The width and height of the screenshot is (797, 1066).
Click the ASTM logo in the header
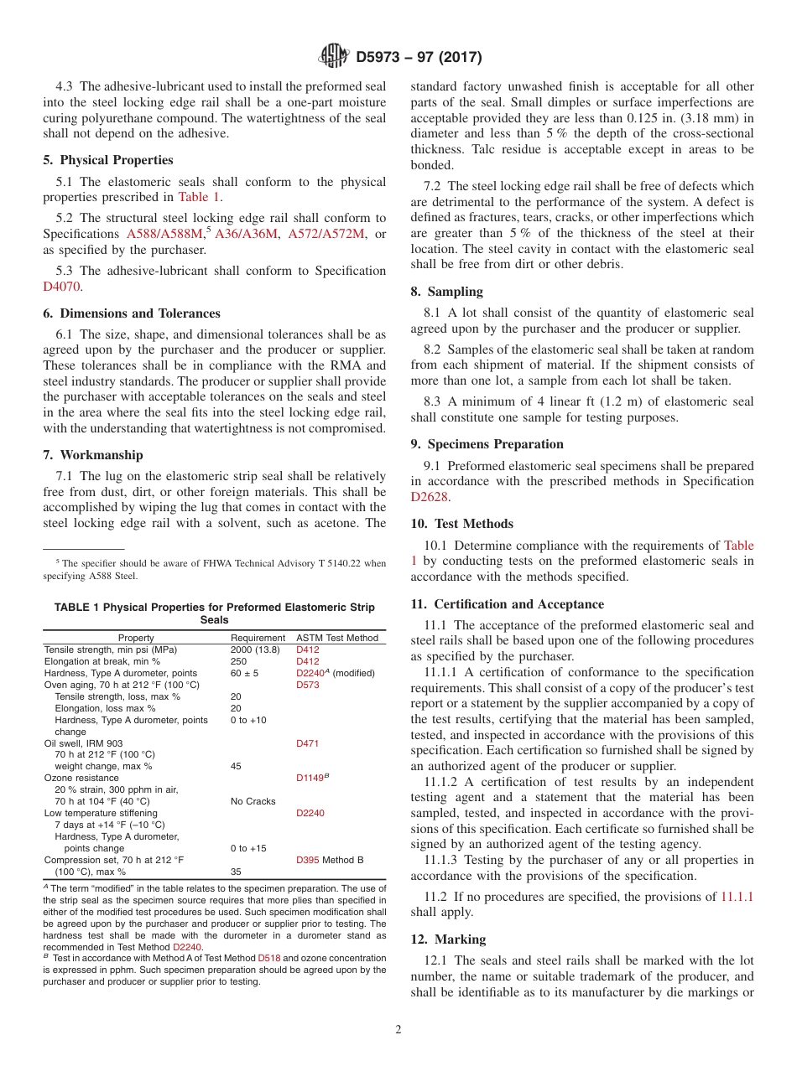(x=334, y=57)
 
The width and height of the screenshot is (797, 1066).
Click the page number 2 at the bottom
(x=398, y=1030)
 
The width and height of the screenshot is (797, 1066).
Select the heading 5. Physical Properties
(x=108, y=160)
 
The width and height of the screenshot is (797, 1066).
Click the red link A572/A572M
(x=326, y=234)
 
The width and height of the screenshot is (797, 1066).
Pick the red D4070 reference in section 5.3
(x=62, y=286)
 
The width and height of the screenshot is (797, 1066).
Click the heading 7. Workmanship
(x=93, y=455)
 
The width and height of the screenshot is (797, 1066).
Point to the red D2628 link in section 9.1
(x=430, y=497)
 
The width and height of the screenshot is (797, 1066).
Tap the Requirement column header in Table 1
(x=258, y=638)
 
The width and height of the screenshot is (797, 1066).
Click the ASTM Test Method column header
(x=337, y=638)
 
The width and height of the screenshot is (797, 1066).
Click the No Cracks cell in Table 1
(x=253, y=801)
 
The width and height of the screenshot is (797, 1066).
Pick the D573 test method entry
(x=307, y=685)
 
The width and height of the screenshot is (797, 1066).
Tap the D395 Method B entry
(x=330, y=860)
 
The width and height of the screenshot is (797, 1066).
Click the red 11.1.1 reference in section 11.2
(x=737, y=897)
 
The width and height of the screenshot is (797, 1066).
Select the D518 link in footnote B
(x=268, y=958)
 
